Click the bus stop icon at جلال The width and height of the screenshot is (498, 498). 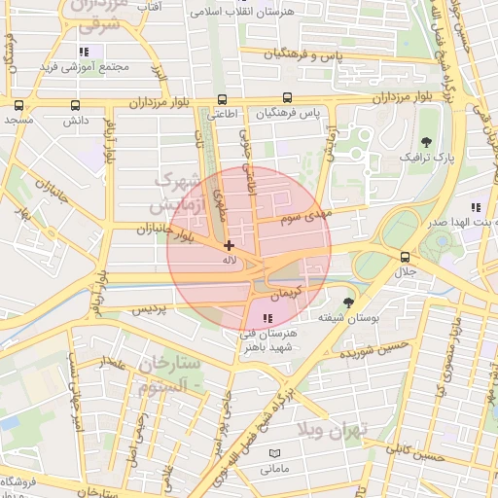[x=405, y=257]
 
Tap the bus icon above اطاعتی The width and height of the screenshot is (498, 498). [x=223, y=99]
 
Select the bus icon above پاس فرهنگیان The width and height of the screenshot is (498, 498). [x=286, y=98]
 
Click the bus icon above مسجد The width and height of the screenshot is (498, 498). [x=18, y=106]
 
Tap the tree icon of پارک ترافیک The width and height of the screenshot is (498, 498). [x=426, y=142]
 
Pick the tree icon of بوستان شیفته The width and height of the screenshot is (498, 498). [x=348, y=303]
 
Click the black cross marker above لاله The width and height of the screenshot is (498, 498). [x=229, y=246]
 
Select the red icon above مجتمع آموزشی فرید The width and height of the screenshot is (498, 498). [x=85, y=52]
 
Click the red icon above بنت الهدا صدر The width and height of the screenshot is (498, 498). [x=475, y=207]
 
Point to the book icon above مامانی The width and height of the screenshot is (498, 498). [x=273, y=454]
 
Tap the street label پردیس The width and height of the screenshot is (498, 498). [x=150, y=309]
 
